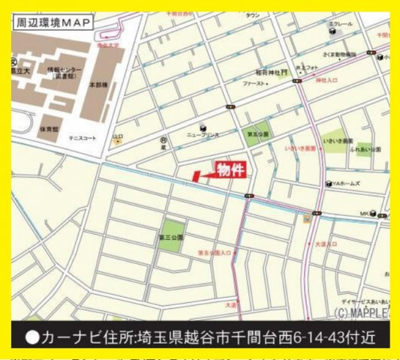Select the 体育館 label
click(50, 129)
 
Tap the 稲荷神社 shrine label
click(267, 73)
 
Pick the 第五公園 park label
click(257, 134)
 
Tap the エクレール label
click(344, 24)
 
